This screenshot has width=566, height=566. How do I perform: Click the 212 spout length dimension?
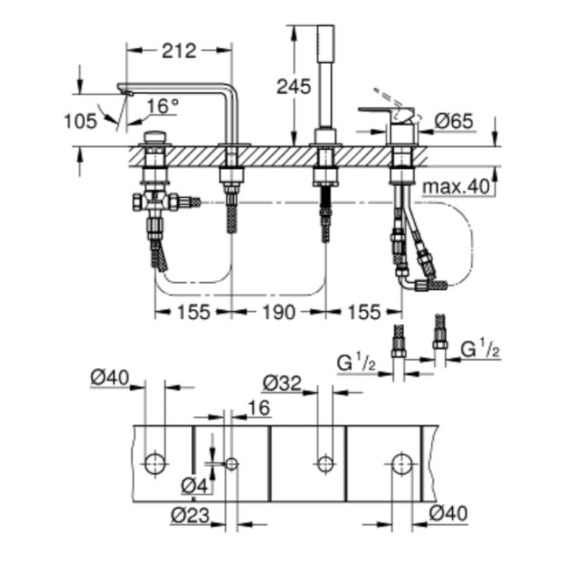coord(179,51)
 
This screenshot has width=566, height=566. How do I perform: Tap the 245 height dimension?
coord(292,86)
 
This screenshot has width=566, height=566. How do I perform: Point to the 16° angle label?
coord(163,105)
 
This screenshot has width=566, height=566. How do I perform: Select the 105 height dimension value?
coord(81,120)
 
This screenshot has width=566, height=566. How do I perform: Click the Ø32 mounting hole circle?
coord(322,463)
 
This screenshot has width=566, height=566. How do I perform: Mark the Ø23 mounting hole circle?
coord(231,463)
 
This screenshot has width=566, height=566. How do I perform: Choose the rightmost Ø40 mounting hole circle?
coord(402,463)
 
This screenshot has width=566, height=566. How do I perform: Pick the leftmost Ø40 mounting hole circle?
coord(156,463)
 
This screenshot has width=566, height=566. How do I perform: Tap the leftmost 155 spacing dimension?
coord(193,312)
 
